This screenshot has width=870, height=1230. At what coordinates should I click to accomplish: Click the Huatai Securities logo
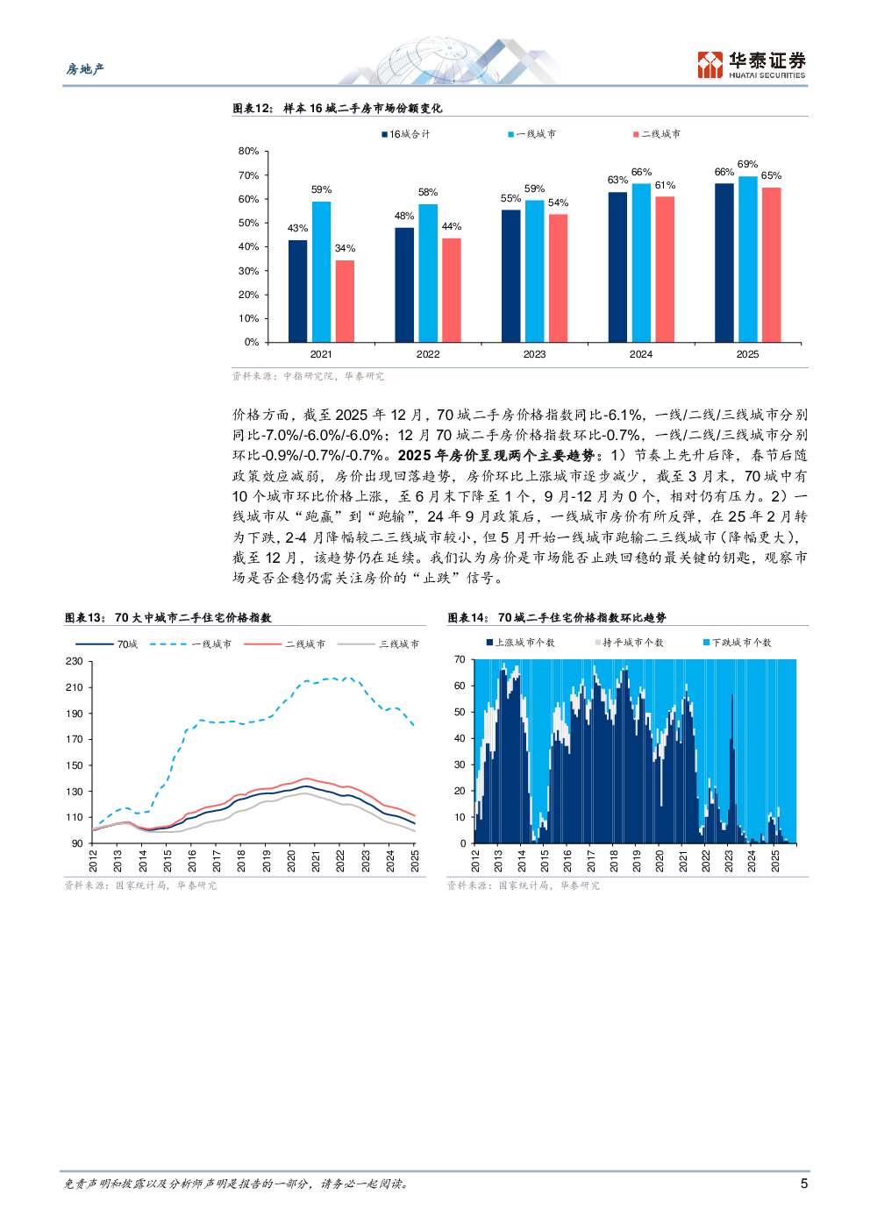pos(751,64)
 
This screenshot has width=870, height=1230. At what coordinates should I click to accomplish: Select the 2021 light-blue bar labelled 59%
pos(321,272)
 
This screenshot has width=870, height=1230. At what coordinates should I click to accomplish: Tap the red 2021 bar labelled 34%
pos(345,301)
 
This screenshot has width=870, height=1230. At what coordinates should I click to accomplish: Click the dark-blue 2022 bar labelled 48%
pos(404,285)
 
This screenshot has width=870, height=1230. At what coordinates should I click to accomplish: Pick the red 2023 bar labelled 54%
pos(558,278)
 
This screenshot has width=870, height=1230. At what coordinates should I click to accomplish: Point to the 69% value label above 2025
pos(747,165)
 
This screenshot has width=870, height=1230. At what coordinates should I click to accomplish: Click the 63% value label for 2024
pos(617,181)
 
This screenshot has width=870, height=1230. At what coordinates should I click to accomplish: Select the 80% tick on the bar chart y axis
pos(249,152)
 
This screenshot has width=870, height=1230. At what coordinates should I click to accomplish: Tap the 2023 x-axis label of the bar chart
pos(534,354)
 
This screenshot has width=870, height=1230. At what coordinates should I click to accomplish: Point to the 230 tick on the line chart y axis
pos(75,662)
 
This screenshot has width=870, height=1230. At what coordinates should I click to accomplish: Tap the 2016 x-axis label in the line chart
pos(192,860)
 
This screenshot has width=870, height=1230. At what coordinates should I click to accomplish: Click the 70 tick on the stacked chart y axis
pos(460,660)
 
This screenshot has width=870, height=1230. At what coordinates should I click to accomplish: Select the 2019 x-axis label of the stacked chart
pos(637,860)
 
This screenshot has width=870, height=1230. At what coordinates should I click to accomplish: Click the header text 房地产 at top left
pos(85,69)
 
